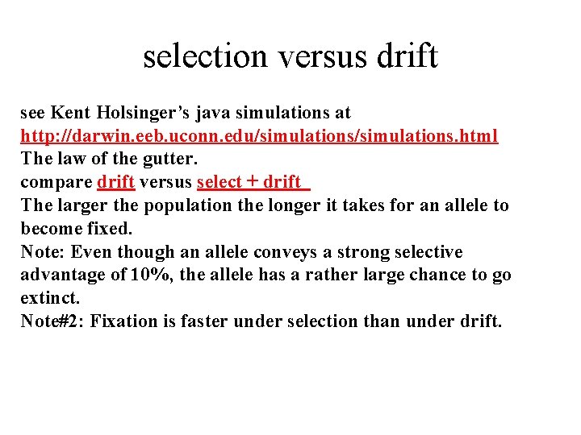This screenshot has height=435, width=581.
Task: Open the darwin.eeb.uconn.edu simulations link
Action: pos(259,135)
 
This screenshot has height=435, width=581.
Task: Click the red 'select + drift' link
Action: pos(253,182)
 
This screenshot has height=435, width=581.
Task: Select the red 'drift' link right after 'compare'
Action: pos(115,182)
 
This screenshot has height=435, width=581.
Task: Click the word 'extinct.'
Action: pos(50,298)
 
